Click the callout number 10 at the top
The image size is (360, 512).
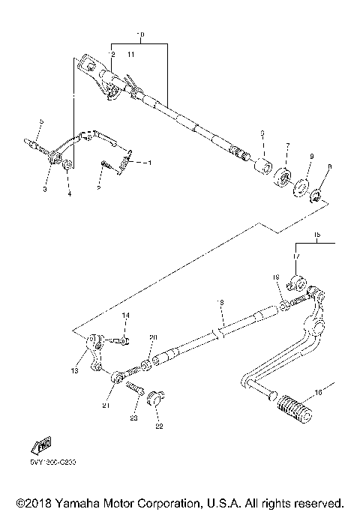(x=139, y=35)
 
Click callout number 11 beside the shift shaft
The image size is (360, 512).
(x=130, y=55)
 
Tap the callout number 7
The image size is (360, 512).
(x=286, y=144)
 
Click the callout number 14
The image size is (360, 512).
(x=126, y=316)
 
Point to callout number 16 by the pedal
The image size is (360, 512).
(x=317, y=393)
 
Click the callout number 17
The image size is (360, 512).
(x=295, y=256)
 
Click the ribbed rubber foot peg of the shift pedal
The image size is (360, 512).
(x=292, y=412)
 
